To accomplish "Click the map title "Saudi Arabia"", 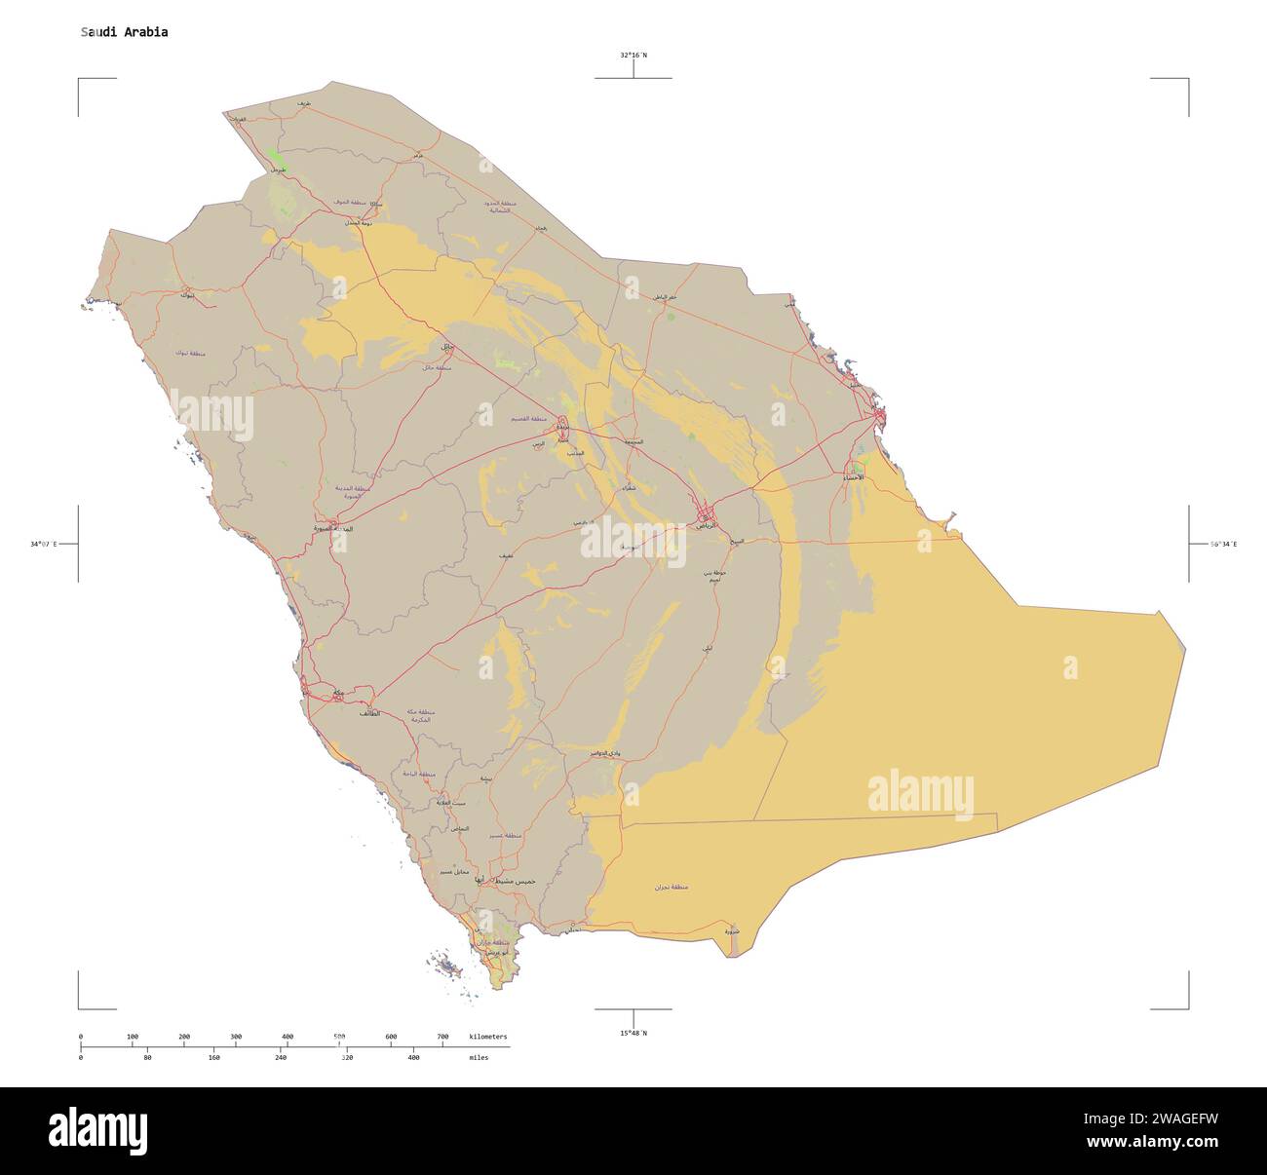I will tap(124, 32).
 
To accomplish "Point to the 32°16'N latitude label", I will tap(633, 56).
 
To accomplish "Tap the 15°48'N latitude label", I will tap(633, 1033).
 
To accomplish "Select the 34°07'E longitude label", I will tap(44, 544).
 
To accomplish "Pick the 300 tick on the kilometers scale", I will tap(236, 1037).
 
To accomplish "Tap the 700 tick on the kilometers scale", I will tap(442, 1037).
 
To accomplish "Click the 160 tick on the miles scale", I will tap(214, 1057).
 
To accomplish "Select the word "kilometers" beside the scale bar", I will tap(487, 1037).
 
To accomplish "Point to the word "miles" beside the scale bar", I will tap(479, 1057).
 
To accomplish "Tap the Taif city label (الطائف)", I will tap(369, 714).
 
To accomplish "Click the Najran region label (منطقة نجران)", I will tap(672, 888).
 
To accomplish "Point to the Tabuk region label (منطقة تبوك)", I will tap(191, 353).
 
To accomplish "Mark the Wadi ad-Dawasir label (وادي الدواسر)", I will tap(604, 753).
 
